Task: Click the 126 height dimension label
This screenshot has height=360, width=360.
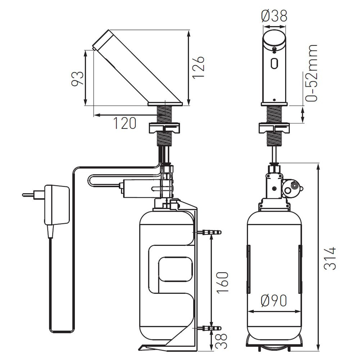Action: click(198, 67)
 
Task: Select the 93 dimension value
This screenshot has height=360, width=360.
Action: click(77, 78)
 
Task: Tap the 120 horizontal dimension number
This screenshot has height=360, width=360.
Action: click(125, 123)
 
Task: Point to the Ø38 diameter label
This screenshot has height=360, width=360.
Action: click(274, 16)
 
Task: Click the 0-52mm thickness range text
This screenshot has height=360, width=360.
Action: click(311, 73)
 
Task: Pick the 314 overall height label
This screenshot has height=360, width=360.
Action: click(330, 258)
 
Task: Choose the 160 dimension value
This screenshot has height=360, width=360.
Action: click(223, 282)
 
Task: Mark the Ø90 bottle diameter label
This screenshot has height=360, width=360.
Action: click(274, 301)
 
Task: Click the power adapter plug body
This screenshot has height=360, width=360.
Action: click(57, 204)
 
